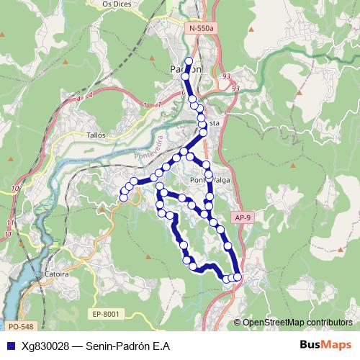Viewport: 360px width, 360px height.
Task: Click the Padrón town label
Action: click(x=186, y=69)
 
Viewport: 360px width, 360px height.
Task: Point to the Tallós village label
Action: click(x=95, y=135)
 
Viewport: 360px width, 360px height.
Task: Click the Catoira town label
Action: click(x=56, y=274)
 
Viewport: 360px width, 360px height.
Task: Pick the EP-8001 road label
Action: click(x=105, y=314)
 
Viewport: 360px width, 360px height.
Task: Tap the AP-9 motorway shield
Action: click(x=243, y=217)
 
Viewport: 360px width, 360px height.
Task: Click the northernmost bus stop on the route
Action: click(x=189, y=61)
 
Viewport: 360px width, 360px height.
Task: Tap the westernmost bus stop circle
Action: click(x=124, y=197)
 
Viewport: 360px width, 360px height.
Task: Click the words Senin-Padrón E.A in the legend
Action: click(x=127, y=346)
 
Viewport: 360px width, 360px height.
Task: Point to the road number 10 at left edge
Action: click(x=16, y=189)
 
